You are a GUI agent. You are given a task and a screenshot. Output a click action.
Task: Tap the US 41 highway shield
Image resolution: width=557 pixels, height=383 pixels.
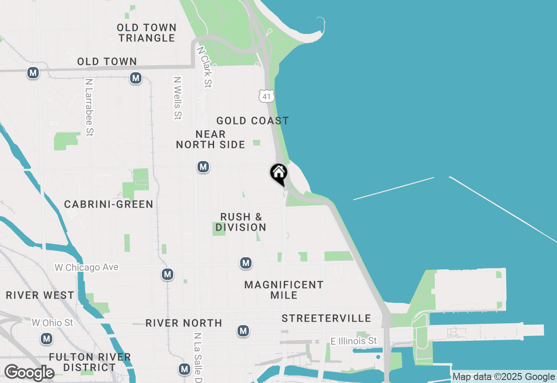click(x=266, y=96)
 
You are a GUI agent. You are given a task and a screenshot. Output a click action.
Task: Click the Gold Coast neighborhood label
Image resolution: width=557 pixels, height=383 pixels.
click(x=252, y=121)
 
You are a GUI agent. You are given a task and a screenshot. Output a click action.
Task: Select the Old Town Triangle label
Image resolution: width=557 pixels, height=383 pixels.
click(x=147, y=33)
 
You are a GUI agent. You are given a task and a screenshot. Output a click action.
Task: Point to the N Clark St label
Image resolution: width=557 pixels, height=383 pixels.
click(x=205, y=67)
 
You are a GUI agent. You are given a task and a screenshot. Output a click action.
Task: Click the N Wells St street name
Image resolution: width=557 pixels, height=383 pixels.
click(x=177, y=98)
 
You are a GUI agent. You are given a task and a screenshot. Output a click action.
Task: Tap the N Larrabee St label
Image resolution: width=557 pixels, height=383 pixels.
click(x=89, y=107)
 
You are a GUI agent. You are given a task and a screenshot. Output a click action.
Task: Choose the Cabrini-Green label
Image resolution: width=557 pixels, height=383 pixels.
click(x=108, y=204)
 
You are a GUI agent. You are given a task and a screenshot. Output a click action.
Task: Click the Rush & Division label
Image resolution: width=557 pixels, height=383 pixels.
click(x=241, y=222)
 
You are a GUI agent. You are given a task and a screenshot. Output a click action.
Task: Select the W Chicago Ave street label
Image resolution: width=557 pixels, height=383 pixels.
click(x=86, y=267)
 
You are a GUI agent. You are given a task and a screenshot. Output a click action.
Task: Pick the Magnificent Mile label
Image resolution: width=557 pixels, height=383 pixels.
click(x=284, y=290)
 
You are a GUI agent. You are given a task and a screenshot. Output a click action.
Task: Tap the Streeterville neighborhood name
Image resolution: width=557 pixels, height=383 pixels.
click(x=326, y=318)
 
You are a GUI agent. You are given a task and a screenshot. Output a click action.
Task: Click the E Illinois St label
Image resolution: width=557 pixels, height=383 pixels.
click(x=354, y=341)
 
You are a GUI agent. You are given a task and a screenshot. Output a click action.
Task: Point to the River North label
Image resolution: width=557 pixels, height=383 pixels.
click(x=184, y=323)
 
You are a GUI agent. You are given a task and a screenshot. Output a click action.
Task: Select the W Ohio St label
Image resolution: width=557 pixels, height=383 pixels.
click(x=52, y=323)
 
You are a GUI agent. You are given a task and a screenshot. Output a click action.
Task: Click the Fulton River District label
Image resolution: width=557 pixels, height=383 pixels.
click(x=90, y=362)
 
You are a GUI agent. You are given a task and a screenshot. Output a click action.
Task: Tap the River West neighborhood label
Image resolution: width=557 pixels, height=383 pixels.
click(x=40, y=295)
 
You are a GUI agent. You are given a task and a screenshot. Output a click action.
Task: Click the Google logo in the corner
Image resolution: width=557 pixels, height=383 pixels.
click(x=29, y=373)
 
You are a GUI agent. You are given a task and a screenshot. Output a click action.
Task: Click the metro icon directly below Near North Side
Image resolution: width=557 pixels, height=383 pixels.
click(x=203, y=167)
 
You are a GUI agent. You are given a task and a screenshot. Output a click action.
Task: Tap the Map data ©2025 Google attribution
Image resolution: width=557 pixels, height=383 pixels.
click(x=503, y=377)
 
